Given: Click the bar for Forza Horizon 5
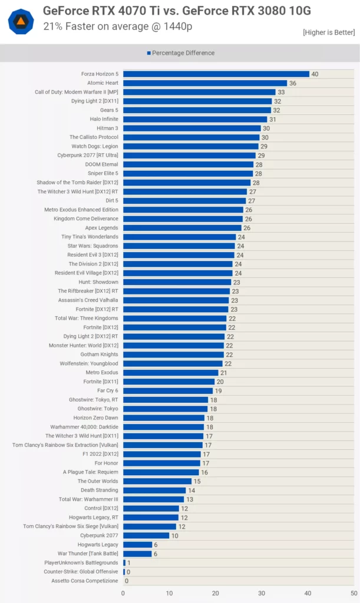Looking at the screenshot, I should pos(216,74).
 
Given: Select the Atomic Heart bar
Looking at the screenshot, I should pos(205,83).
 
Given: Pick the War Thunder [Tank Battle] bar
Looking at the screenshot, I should pos(137,554).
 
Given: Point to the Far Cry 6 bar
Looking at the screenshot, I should pos(168,390).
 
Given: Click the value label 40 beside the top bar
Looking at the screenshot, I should pos(315,74).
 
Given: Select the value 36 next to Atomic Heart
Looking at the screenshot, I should pos(293,83).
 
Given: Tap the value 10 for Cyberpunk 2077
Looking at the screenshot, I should pos(174,536).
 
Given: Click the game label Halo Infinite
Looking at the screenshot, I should pos(104,119).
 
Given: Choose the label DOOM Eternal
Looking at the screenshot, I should pos(101,164).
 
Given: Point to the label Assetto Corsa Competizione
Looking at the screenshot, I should pos(85,581).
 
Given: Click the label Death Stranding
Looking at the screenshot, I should pos(99,490).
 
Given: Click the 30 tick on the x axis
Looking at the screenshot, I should pos(262,594).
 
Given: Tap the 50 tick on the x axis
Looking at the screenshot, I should pos(354,594).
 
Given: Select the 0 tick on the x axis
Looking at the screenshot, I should pos(123,594).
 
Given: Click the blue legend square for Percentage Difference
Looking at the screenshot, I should pos(148,53).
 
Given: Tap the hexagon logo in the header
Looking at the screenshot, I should pos(21,21).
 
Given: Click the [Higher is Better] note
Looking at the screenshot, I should pos(328,32).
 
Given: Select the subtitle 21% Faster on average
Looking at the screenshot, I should pos(118,26).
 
